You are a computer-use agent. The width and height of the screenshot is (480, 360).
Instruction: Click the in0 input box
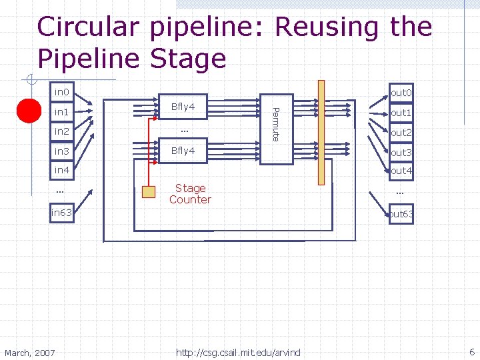point(62,92)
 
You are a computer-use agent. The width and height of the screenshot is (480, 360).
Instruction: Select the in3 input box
point(62,151)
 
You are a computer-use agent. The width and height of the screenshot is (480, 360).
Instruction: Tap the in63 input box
point(62,213)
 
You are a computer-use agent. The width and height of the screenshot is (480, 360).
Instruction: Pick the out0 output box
point(401,93)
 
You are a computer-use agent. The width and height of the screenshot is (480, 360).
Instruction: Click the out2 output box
point(401,133)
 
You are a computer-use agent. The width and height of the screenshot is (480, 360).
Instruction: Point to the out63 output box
point(401,214)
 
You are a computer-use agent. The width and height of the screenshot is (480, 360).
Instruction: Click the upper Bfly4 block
point(183,107)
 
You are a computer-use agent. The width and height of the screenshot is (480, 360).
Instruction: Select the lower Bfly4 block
point(183,151)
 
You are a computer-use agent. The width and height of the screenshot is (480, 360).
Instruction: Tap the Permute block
point(277,129)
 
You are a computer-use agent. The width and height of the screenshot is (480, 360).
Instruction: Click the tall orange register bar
point(321,133)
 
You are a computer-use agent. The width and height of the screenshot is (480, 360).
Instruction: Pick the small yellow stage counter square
point(149,192)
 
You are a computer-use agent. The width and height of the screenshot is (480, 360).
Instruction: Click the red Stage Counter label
point(190,194)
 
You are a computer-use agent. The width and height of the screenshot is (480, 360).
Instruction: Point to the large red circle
point(29,111)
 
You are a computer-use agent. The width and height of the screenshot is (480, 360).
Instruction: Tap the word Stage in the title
point(188,59)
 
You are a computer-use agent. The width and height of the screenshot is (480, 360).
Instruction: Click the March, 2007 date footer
point(30,353)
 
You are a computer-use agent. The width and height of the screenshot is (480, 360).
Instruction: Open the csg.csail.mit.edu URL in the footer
point(238,353)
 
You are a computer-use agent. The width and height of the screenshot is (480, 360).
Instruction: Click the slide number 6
point(472,352)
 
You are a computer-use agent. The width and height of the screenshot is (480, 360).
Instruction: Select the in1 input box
point(62,112)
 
